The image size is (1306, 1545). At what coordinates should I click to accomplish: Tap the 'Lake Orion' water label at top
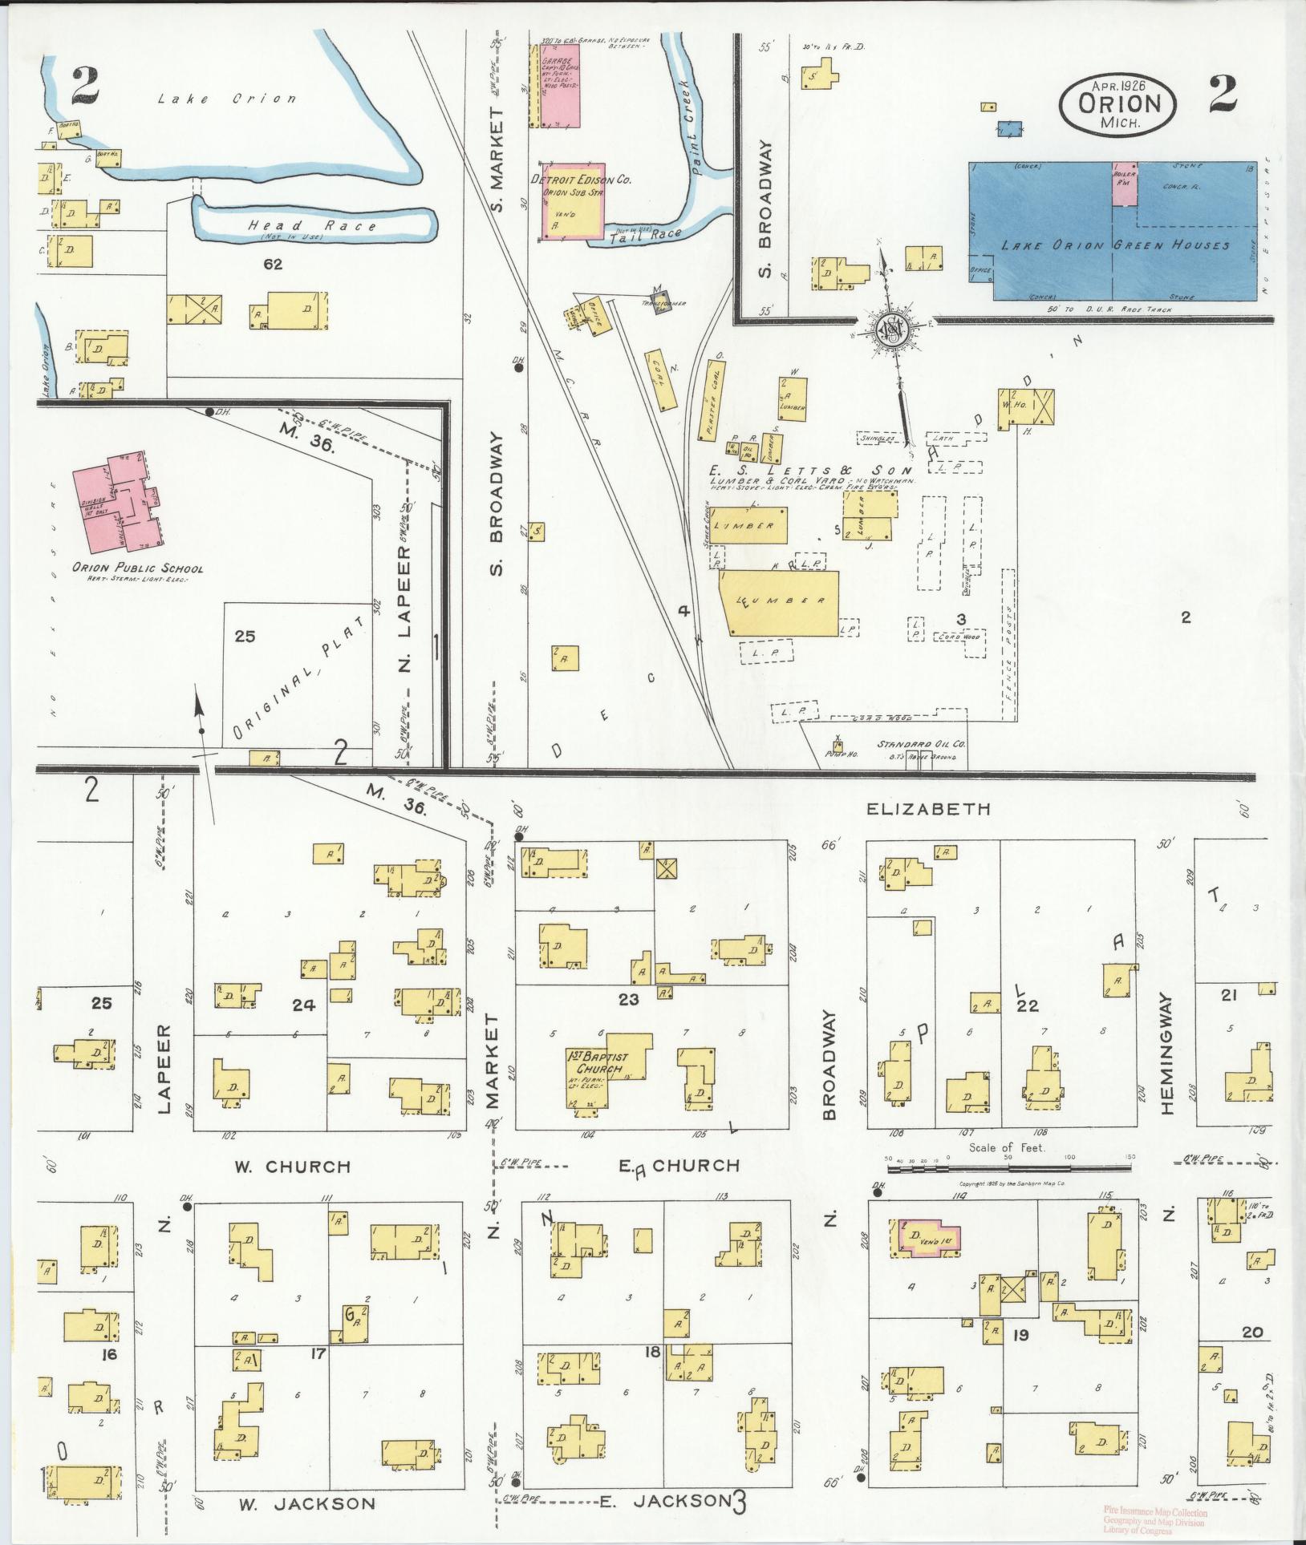(x=226, y=99)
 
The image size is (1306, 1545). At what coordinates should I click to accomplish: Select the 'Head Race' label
(x=312, y=226)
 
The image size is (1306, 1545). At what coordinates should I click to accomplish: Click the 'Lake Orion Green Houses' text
(x=1115, y=245)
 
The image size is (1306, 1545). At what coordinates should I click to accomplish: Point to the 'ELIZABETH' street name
(x=929, y=810)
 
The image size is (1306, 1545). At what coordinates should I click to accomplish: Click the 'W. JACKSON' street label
(x=306, y=1503)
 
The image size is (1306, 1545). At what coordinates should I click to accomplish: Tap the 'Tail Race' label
(x=645, y=236)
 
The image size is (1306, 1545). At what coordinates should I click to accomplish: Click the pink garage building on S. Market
(x=560, y=85)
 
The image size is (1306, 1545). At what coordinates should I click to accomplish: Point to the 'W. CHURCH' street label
(x=293, y=1167)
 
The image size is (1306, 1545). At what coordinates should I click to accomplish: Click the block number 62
(x=273, y=263)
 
